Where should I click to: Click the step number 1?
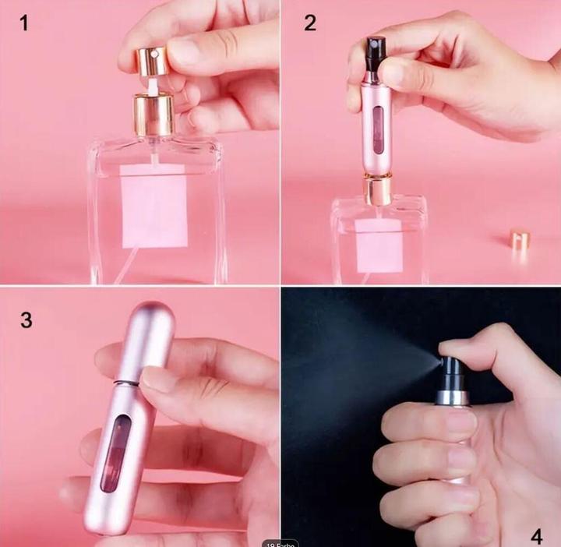[24, 23]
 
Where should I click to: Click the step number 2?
[310, 23]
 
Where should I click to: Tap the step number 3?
[26, 320]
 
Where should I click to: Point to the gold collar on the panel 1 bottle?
[153, 114]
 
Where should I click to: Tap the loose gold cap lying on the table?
[520, 238]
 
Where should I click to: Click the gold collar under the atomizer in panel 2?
[378, 189]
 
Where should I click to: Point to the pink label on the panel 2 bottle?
[379, 245]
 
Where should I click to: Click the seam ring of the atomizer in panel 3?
[127, 383]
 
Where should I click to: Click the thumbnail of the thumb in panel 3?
[160, 381]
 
